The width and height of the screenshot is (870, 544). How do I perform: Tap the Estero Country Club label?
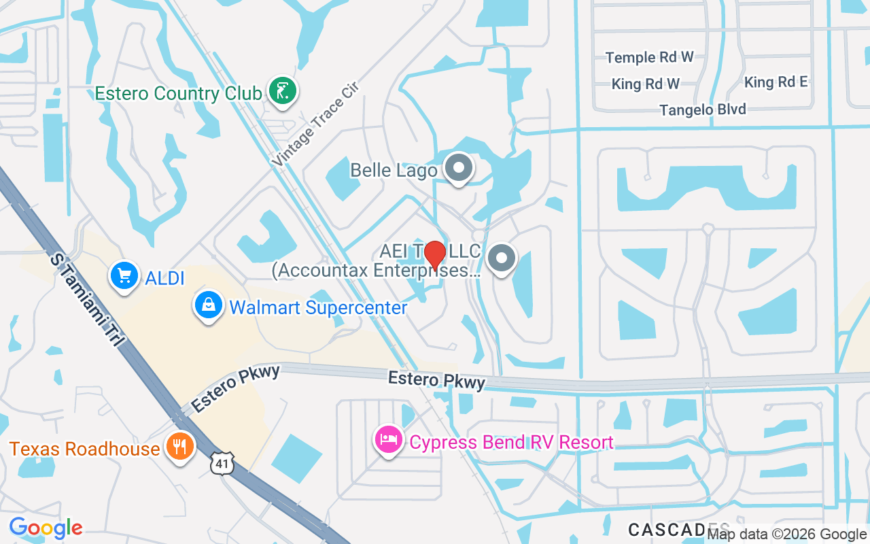(178, 93)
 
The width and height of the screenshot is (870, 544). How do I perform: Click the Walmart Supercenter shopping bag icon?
(209, 306)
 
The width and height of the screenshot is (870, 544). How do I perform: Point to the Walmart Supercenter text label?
(318, 307)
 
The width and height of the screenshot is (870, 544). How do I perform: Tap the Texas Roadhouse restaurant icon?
(179, 446)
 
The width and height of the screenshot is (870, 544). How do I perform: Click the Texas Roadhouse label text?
(84, 449)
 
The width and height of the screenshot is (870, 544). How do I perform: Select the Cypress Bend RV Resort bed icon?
(389, 439)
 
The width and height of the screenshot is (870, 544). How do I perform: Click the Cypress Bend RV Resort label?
(511, 443)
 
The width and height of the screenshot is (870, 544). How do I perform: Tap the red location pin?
(434, 256)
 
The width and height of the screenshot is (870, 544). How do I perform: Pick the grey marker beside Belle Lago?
(458, 167)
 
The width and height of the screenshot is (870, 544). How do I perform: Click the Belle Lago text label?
(394, 169)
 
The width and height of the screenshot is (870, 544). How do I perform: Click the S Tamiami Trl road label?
(84, 299)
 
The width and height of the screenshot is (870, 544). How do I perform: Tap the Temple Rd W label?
(649, 57)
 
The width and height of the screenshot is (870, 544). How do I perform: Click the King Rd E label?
(776, 82)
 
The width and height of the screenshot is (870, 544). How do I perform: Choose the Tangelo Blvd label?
(702, 109)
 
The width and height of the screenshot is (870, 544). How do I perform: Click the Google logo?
(46, 528)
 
